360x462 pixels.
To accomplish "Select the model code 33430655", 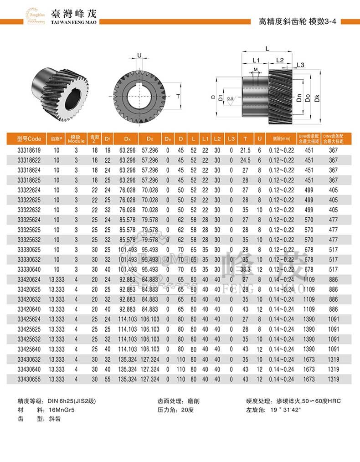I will tap(29, 379).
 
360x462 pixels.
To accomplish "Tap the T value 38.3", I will tap(246, 270).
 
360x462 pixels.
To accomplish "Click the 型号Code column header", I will tap(29, 139).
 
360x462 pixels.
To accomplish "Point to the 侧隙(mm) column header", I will tap(281, 139).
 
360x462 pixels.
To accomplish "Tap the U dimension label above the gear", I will tap(139, 56).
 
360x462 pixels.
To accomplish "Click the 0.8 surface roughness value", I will tap(230, 98).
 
